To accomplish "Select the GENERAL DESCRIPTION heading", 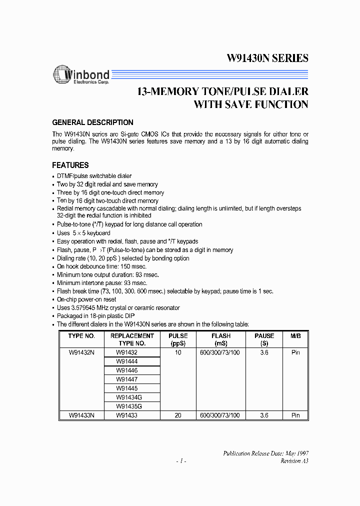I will (x=93, y=122).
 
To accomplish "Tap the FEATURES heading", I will (x=70, y=165).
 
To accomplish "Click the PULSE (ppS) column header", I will (x=177, y=340).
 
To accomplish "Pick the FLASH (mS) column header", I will (x=220, y=340).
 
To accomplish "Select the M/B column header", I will (x=295, y=336).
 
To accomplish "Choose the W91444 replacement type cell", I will (x=126, y=361).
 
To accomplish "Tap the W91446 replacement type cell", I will (x=126, y=370).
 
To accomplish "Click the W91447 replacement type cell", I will (x=126, y=379).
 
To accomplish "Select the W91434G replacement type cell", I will (x=128, y=397).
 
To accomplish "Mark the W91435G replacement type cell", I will (x=128, y=405).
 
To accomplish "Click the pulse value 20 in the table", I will (x=177, y=414).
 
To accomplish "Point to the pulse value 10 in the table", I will (x=177, y=352).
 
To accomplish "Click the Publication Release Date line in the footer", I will (x=265, y=452).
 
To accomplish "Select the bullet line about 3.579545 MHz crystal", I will (x=118, y=307).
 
